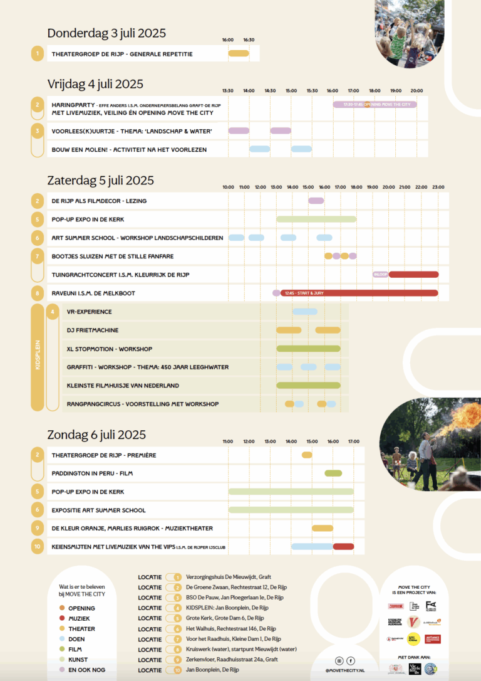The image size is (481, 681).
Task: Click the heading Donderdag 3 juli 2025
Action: [x=106, y=33]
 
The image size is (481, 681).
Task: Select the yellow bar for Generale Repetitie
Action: [x=239, y=53]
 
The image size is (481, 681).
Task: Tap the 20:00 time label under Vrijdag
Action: [x=416, y=90]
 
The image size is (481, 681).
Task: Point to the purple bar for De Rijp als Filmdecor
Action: [x=316, y=201]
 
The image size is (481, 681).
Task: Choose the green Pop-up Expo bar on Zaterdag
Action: [x=316, y=219]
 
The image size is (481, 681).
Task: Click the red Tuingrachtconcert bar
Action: [x=413, y=275]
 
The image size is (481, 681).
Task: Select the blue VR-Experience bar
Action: [x=304, y=312]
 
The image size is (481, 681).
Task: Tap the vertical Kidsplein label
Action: [x=38, y=357]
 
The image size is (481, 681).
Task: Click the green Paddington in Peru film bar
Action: [x=333, y=473]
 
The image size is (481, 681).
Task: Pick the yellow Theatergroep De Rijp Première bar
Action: [x=307, y=455]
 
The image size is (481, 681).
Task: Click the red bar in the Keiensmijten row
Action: [x=343, y=547]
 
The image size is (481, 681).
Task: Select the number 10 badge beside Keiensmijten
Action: [x=38, y=547]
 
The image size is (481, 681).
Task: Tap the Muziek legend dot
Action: [x=62, y=618]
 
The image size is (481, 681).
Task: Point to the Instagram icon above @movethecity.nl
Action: [x=340, y=660]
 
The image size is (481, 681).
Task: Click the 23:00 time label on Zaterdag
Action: [x=438, y=187]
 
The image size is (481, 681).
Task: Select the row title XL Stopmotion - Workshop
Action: [x=110, y=349]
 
